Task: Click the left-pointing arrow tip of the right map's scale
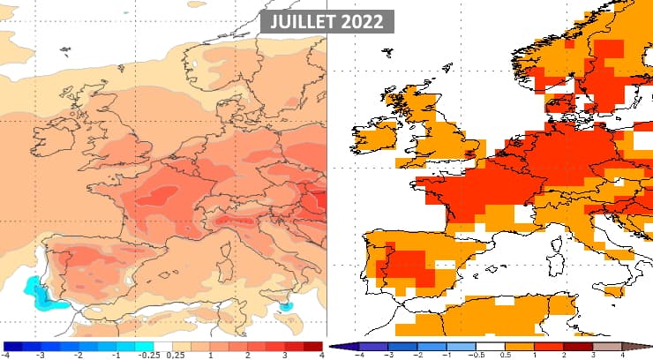coord(333,347)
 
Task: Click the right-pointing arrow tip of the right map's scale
coord(649,347)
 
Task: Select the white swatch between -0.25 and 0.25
coord(163,347)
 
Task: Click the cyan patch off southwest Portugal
coord(38,292)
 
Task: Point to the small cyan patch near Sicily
coord(285,305)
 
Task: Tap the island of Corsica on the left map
coord(217,251)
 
